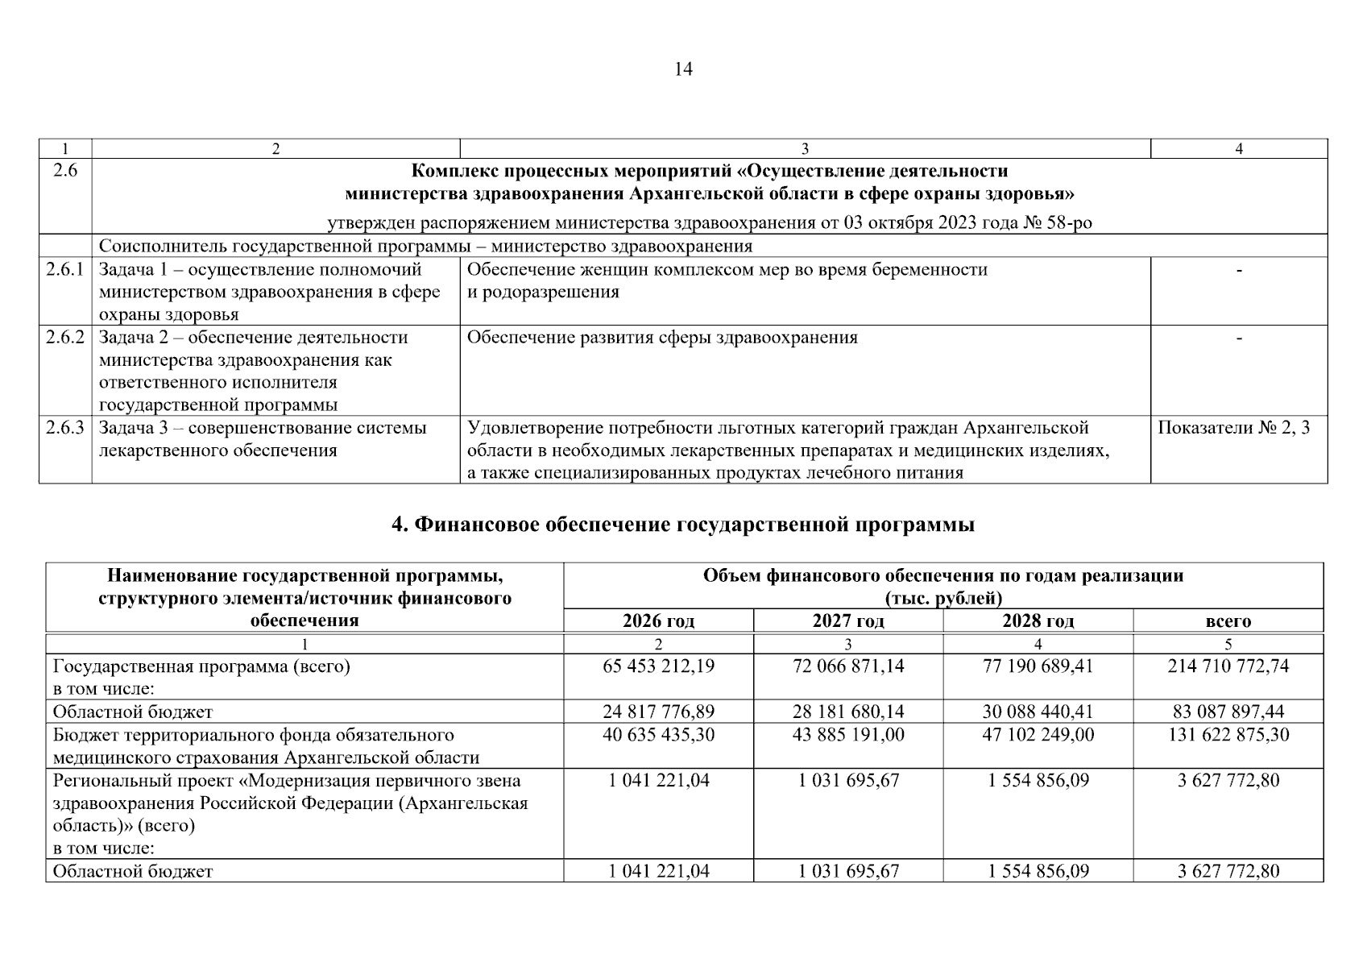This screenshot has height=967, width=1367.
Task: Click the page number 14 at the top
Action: coord(682,69)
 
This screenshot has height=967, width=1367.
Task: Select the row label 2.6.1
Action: coord(64,270)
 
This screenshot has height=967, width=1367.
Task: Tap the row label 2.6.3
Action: coord(64,428)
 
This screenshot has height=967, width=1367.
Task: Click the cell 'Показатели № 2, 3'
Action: coord(1233,428)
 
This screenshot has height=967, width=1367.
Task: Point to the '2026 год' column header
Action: coord(658,620)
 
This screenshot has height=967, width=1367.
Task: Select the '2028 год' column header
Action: coord(1038,620)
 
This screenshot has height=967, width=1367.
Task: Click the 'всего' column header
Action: coord(1228,620)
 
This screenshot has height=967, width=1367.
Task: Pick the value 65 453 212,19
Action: coord(658,666)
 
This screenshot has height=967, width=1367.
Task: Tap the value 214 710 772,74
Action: coord(1228,666)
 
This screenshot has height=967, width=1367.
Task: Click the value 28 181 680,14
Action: coord(848,712)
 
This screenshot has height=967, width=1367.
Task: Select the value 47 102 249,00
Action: coord(1038,734)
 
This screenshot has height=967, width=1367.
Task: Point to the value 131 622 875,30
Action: coord(1228,734)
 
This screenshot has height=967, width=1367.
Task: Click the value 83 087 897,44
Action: coord(1228,712)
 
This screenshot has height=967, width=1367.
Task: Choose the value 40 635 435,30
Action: coord(658,734)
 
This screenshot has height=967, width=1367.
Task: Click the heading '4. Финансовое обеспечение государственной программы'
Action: coord(682,525)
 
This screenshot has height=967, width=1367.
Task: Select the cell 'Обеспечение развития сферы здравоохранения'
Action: coord(662,338)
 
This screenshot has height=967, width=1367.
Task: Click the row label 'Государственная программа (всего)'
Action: coord(201,666)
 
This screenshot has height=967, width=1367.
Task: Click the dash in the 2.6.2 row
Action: coord(1239,338)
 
